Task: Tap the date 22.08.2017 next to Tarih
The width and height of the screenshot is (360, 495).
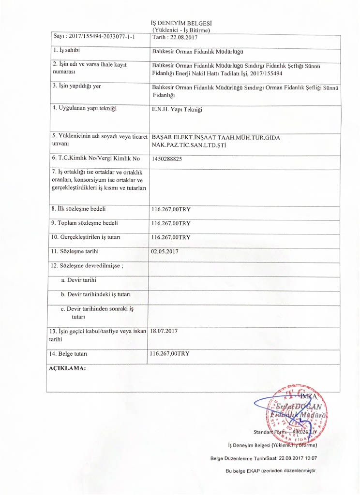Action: (x=182, y=37)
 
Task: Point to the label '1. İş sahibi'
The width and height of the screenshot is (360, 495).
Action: (x=66, y=50)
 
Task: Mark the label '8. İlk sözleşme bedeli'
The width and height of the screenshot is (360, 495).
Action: (x=78, y=209)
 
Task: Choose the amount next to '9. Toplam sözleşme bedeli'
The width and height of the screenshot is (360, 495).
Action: (x=171, y=224)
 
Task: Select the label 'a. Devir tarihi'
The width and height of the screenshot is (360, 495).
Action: (x=78, y=280)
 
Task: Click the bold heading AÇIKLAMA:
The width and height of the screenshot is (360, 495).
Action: (x=68, y=368)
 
